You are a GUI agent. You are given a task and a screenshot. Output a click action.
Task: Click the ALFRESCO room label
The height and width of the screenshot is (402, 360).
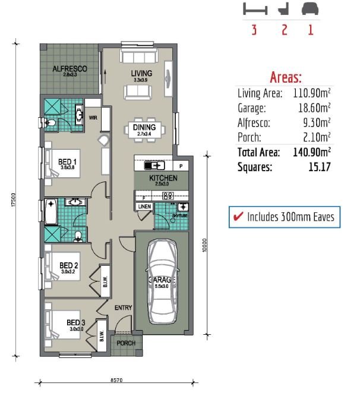coord(70,69)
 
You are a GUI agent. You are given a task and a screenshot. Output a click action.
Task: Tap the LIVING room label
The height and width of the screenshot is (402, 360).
coord(141,74)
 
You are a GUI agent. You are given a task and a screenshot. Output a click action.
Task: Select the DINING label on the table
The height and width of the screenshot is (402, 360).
coord(144,127)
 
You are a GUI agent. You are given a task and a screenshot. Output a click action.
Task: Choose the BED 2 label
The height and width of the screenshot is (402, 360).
coord(69,265)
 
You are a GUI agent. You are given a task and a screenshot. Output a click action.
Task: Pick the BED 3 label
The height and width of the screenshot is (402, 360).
coord(76,323)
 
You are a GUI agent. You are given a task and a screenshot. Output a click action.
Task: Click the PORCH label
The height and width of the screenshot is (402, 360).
coord(125,344)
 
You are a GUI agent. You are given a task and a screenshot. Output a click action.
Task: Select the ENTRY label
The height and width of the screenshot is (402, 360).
coord(123,307)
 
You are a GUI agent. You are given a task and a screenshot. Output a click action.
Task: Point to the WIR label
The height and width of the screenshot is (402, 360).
coord(93,118)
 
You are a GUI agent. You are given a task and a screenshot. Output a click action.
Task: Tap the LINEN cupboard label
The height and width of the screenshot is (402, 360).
coord(144,206)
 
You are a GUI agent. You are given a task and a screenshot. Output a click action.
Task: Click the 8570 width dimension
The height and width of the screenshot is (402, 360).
coord(117,378)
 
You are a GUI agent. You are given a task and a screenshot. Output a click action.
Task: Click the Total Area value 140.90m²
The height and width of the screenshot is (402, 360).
coord(311,152)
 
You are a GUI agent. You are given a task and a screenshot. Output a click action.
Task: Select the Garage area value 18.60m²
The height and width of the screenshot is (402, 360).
coord(314,108)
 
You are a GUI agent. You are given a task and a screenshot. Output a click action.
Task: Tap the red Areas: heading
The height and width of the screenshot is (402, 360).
coord(286,77)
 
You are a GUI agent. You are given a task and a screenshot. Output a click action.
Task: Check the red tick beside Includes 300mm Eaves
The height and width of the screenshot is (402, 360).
coord(238,217)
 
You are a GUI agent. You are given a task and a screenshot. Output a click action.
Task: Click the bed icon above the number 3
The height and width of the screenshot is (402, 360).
coord(255,10)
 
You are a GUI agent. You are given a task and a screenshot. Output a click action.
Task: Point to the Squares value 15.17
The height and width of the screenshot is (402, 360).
coord(318,167)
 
